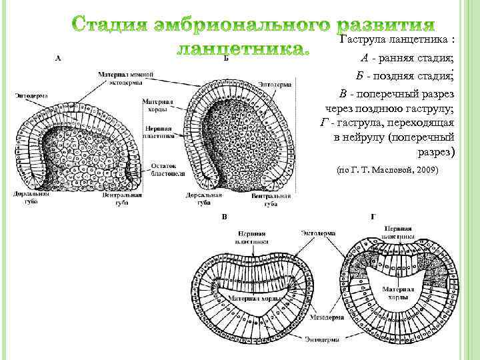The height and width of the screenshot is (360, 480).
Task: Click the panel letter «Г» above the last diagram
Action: (372, 217)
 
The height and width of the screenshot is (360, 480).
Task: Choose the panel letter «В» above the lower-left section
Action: (225, 217)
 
